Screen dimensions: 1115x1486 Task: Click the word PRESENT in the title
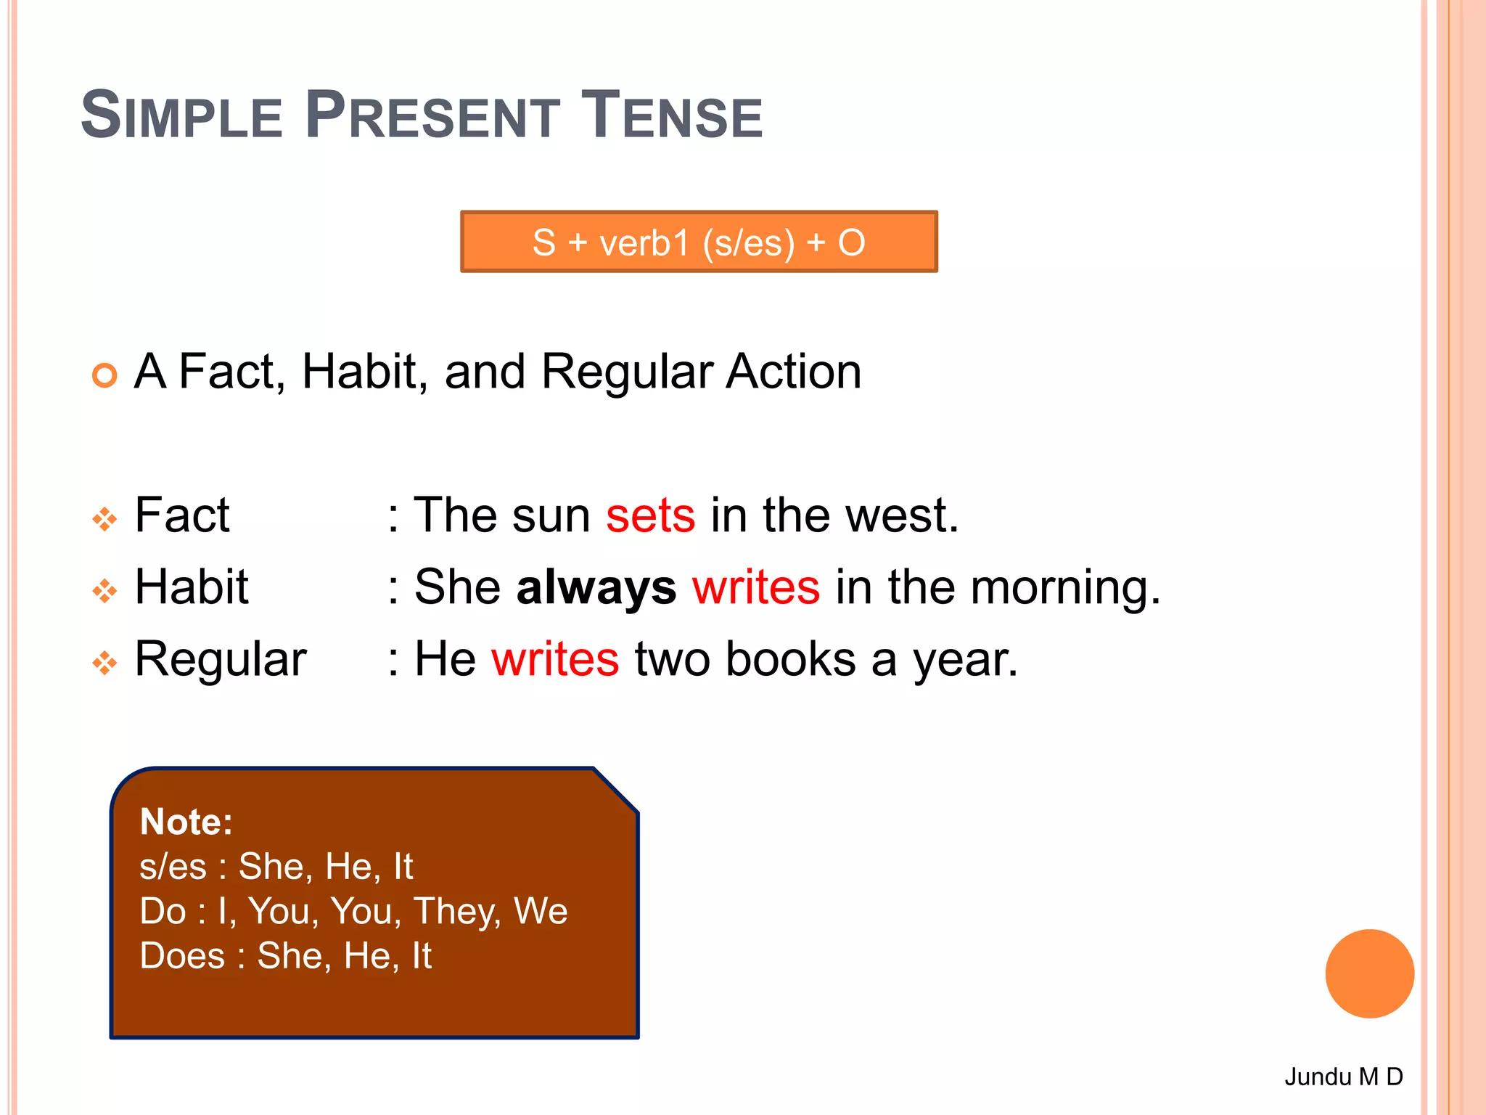coord(432,116)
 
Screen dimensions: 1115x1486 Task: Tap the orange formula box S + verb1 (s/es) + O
coord(699,242)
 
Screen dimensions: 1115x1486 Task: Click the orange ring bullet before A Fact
coord(104,375)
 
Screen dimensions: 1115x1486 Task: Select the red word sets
coord(650,515)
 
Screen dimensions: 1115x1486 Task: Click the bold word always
coord(596,587)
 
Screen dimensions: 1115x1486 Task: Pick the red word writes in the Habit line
coord(756,587)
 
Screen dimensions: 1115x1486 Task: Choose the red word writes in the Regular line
coord(555,659)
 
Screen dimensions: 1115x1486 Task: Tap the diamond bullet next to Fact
coord(104,519)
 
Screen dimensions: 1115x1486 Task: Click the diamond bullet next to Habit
coord(104,591)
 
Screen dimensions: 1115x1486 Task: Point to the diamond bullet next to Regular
coord(104,663)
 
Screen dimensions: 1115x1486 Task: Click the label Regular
coord(221,661)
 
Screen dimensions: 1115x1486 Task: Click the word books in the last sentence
coord(791,659)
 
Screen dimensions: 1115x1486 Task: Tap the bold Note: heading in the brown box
coord(186,822)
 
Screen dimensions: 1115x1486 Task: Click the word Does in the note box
coord(182,955)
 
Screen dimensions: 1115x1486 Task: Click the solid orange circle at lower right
coord(1369,973)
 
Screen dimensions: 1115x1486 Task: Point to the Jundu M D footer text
coord(1343,1077)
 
